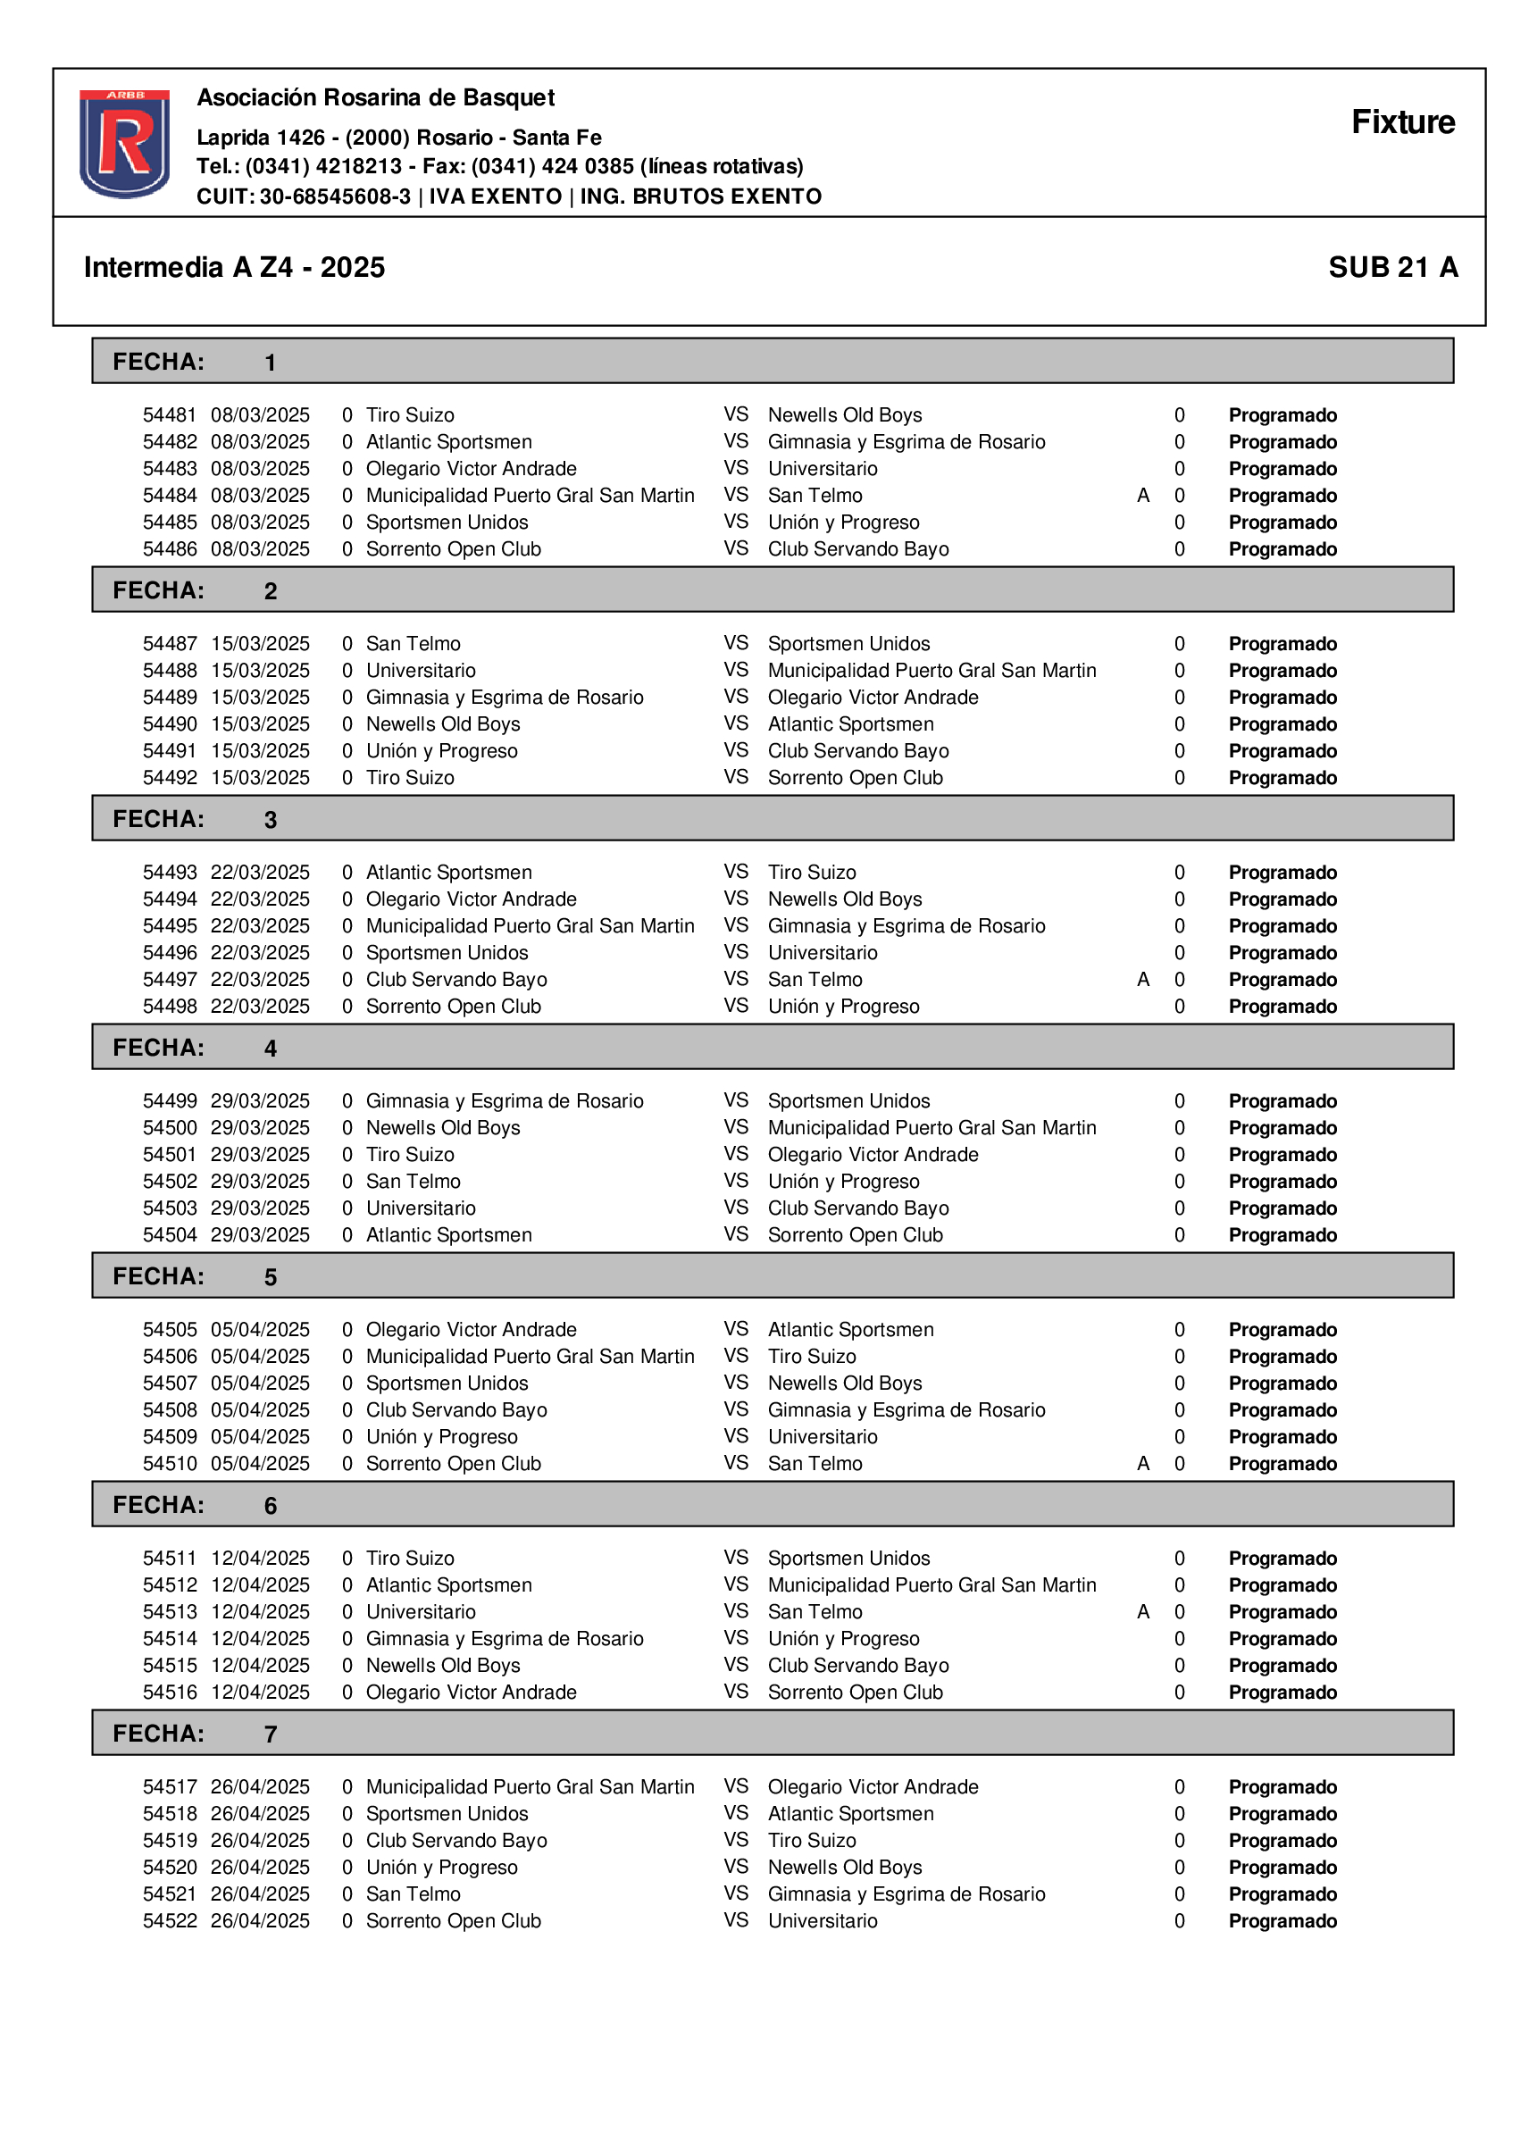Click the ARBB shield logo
click(124, 143)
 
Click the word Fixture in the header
click(1402, 122)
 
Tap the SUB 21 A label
click(1392, 267)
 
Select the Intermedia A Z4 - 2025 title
click(234, 267)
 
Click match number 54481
click(170, 415)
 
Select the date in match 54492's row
click(260, 778)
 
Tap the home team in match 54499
click(505, 1100)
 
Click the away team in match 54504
click(855, 1234)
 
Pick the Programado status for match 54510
click(1283, 1463)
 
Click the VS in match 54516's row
click(736, 1692)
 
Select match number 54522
click(170, 1920)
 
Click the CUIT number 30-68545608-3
click(335, 196)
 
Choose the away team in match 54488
click(932, 671)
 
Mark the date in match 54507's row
click(260, 1383)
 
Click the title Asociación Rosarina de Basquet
click(376, 98)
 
